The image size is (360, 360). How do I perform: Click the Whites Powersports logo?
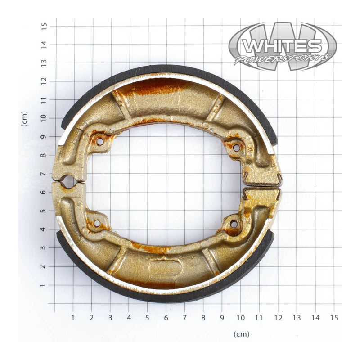(x=282, y=46)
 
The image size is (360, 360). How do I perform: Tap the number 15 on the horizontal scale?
(x=333, y=318)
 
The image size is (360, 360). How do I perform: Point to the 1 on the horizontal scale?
(x=73, y=318)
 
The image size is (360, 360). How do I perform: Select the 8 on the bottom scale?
(x=203, y=318)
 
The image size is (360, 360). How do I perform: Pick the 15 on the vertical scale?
(x=44, y=26)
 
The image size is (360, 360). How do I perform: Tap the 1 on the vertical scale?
(x=44, y=285)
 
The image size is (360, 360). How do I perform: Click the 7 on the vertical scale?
(x=44, y=174)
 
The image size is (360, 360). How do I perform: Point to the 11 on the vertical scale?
(x=44, y=99)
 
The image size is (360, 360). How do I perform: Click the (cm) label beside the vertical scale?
(x=25, y=118)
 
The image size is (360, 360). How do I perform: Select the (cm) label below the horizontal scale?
(x=242, y=334)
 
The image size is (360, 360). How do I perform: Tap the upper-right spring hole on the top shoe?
(x=235, y=147)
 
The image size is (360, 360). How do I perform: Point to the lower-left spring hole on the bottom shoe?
(x=96, y=223)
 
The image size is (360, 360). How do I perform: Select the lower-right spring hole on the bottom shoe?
(x=234, y=224)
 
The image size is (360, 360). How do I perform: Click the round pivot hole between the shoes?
(x=68, y=182)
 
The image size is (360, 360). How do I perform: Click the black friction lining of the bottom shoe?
(x=171, y=297)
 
